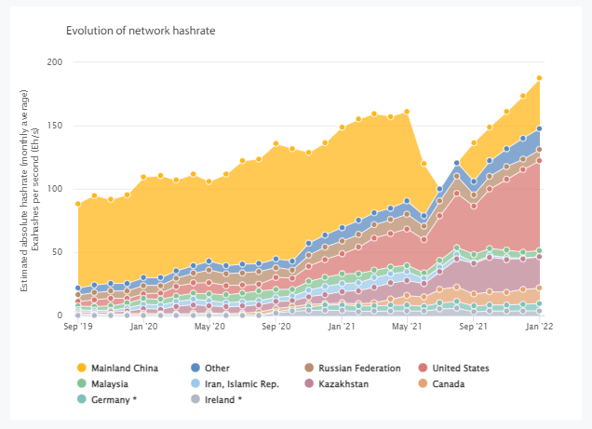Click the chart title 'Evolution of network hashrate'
tap(141, 31)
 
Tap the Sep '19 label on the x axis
tap(78, 328)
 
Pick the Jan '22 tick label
tap(540, 328)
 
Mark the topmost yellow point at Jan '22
tap(540, 78)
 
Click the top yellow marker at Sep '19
tap(78, 203)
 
